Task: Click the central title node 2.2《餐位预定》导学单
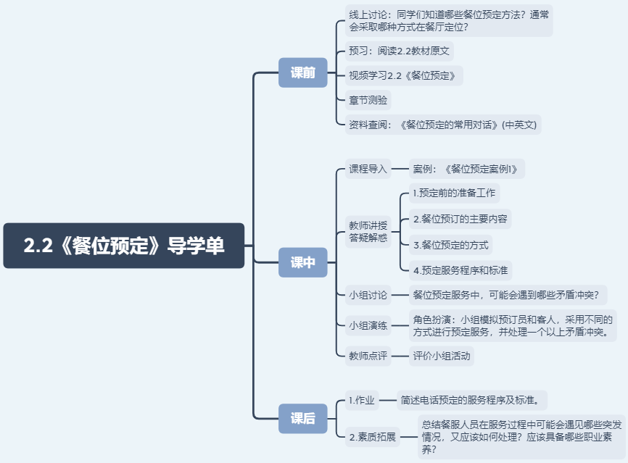pos(124,246)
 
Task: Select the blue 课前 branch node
pos(303,72)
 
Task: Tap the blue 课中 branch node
pos(303,262)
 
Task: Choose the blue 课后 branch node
pos(303,418)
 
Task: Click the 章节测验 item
pos(368,100)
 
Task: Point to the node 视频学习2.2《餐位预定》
pos(403,75)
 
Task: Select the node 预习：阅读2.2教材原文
pos(400,51)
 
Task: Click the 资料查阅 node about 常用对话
pos(442,125)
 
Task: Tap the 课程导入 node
pos(368,169)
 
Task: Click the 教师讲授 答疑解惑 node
pos(368,230)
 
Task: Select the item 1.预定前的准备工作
pos(454,193)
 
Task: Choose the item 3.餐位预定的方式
pos(450,244)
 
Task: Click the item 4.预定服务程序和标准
pos(460,270)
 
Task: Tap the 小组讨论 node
pos(368,295)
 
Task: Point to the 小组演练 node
pos(368,325)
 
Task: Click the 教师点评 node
pos(368,356)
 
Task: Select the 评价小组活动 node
pos(441,356)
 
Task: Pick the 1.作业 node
pos(362,400)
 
